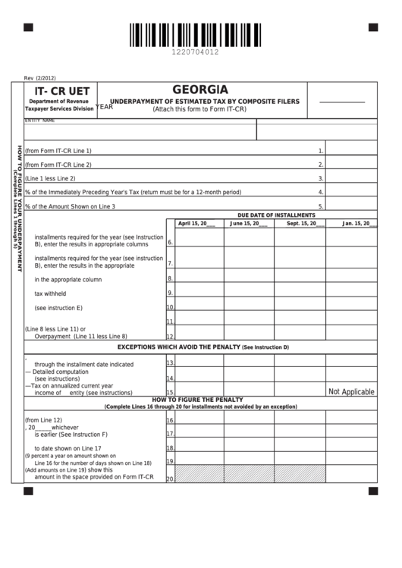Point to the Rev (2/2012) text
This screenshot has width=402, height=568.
point(40,77)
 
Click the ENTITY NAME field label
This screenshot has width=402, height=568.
point(40,121)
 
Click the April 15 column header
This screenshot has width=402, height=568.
point(196,224)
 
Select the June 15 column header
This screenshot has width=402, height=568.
point(249,224)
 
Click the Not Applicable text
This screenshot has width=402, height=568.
point(351,392)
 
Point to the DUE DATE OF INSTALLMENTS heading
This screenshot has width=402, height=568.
point(276,215)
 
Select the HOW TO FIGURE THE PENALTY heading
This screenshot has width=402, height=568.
point(197,400)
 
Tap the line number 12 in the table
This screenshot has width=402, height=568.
point(171,337)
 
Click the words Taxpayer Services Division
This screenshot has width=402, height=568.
point(59,109)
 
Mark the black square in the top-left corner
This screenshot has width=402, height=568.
point(28,27)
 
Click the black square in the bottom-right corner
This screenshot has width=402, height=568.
point(373,491)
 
